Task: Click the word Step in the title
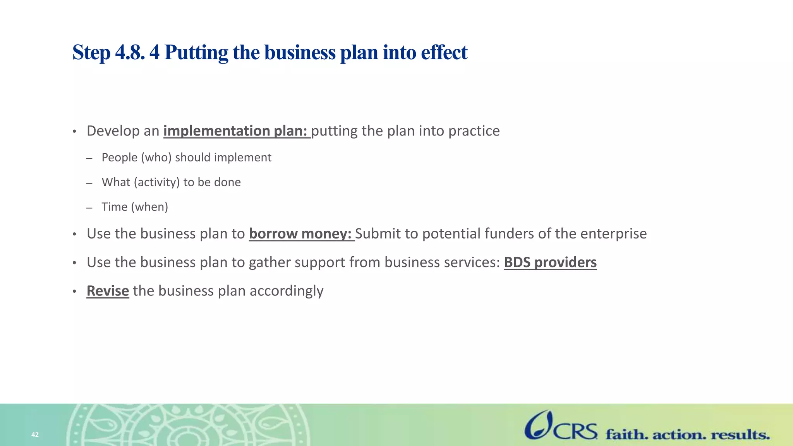point(91,53)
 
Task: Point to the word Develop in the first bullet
point(113,131)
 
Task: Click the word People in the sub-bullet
point(120,158)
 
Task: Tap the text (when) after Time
point(149,207)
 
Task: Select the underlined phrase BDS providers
point(550,262)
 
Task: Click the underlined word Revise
point(108,291)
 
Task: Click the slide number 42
point(35,435)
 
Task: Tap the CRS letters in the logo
point(575,431)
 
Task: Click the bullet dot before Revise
point(74,292)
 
